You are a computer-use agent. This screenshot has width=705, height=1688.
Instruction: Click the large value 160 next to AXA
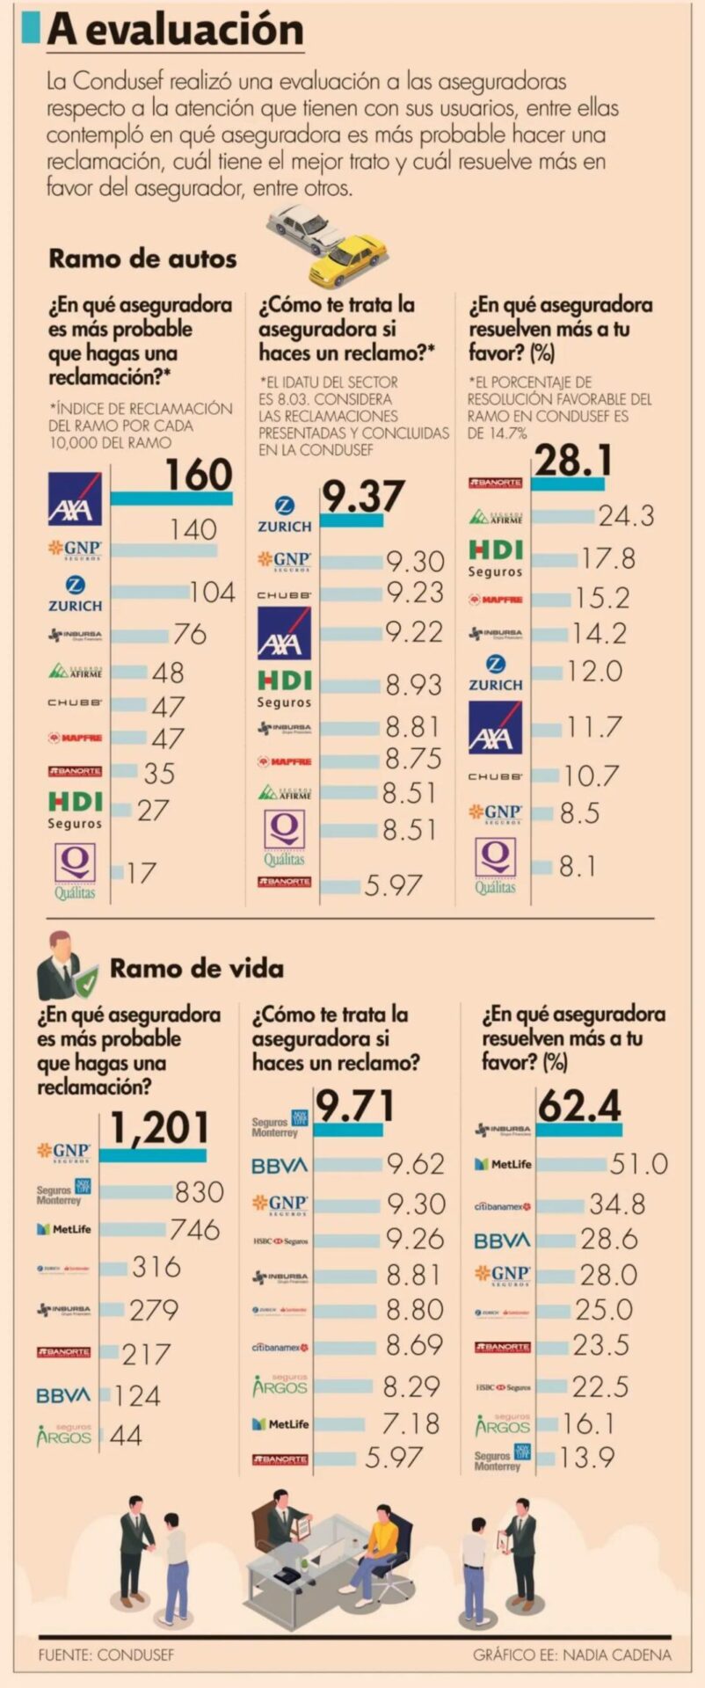click(x=200, y=475)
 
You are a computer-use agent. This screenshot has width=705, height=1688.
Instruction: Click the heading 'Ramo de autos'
click(x=142, y=258)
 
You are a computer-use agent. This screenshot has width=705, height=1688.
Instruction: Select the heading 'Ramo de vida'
click(x=196, y=969)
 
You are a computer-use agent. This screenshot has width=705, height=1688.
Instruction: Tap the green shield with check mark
click(x=86, y=982)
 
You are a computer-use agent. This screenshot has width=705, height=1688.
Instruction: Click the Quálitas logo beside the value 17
click(x=75, y=871)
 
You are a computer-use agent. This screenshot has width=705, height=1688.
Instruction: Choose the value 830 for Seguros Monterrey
click(x=200, y=1191)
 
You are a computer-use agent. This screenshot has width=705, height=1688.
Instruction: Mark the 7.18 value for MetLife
click(x=411, y=1423)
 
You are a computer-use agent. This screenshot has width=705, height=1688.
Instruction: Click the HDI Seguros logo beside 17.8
click(x=496, y=558)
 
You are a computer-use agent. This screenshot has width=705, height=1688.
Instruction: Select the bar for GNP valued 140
click(x=164, y=551)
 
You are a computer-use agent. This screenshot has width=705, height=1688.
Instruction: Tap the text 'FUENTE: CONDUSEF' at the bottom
click(x=106, y=1655)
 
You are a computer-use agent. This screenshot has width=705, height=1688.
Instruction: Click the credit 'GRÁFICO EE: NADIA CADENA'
click(x=572, y=1655)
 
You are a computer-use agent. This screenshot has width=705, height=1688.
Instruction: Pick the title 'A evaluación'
click(x=176, y=30)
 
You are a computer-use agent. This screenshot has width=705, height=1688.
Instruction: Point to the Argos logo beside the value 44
click(x=63, y=1436)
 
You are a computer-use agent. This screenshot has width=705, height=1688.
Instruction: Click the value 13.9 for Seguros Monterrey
click(x=587, y=1458)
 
